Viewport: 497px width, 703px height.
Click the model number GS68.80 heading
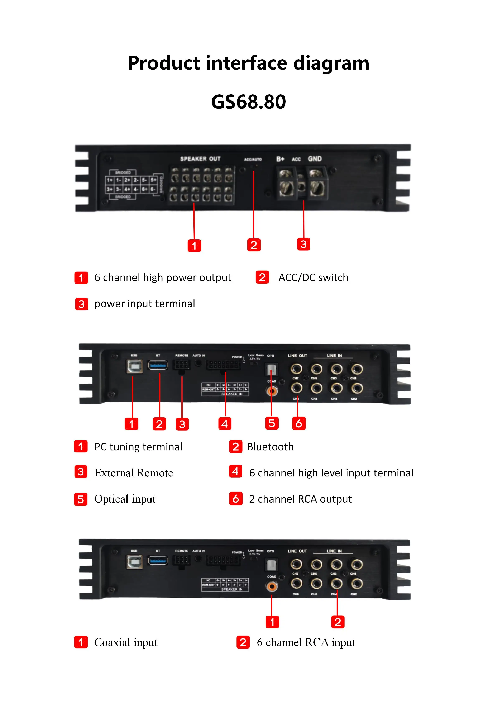[x=248, y=102]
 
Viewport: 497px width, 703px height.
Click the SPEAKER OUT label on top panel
[x=200, y=159]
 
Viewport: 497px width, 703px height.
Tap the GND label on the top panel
[x=315, y=159]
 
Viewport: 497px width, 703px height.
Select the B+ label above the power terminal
[x=280, y=159]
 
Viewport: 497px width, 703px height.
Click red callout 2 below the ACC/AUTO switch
[x=254, y=245]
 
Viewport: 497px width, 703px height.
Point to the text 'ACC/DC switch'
[x=313, y=277]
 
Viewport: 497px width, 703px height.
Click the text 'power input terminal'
[x=144, y=304]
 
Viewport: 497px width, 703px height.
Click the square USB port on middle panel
[x=134, y=366]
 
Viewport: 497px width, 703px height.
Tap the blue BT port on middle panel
[x=158, y=365]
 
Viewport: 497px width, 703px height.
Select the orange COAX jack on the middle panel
[x=271, y=391]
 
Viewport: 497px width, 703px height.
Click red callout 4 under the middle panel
[x=225, y=424]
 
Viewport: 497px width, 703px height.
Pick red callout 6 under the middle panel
[x=299, y=423]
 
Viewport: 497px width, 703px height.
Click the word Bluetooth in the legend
[x=270, y=447]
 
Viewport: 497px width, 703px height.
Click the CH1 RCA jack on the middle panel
[x=357, y=369]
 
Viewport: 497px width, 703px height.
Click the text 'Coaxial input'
[x=126, y=642]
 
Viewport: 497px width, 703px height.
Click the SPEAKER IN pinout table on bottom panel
[x=225, y=585]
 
